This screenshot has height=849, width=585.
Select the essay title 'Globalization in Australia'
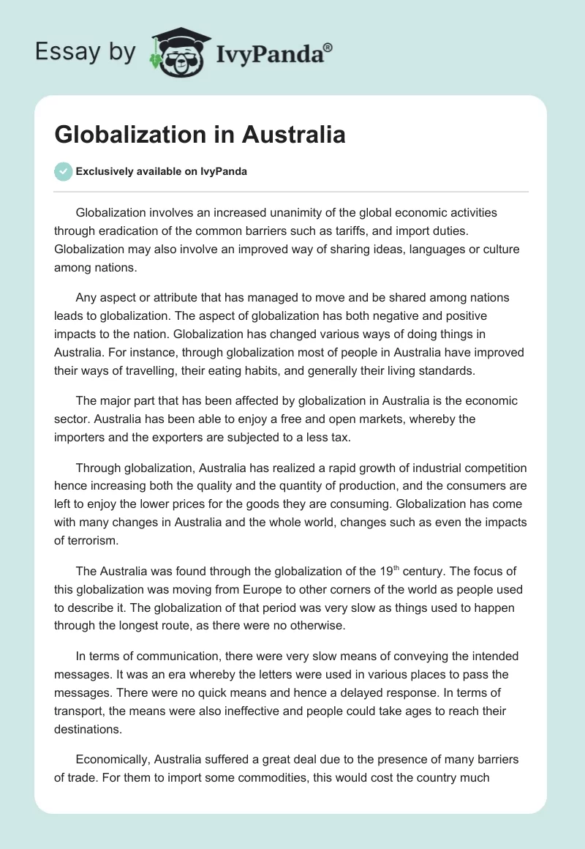[200, 135]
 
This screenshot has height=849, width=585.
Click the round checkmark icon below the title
[63, 172]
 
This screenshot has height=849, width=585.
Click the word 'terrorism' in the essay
[92, 540]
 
